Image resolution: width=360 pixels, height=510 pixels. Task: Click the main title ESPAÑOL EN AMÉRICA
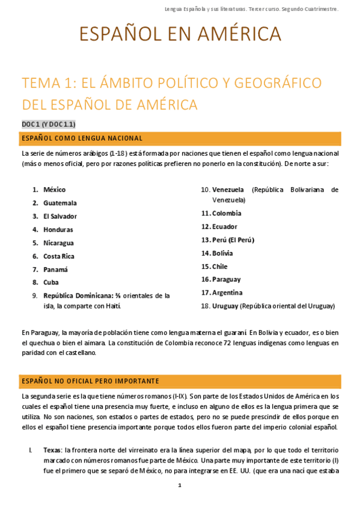coord(180,34)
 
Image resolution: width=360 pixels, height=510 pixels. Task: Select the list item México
coord(54,189)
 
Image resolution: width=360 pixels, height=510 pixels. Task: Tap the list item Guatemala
coord(59,203)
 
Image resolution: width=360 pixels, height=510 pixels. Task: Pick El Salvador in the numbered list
coord(59,216)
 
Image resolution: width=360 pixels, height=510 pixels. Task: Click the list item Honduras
coord(58,229)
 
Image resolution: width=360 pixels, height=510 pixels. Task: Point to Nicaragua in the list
coord(58,243)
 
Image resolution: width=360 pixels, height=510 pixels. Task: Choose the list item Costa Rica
coord(58,256)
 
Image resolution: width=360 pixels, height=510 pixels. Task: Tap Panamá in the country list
coord(55,269)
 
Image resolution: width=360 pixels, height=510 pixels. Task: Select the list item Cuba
coord(51,281)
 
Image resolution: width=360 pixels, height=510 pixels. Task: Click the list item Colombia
coord(227,213)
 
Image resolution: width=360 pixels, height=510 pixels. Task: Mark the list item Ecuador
coord(224,227)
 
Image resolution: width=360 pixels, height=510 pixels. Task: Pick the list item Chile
coord(220,266)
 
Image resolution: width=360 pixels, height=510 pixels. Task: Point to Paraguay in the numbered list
coord(226,279)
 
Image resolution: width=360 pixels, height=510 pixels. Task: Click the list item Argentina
coord(227,292)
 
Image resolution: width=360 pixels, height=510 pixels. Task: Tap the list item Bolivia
coord(222,253)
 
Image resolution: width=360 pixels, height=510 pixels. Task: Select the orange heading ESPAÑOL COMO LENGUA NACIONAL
coord(82,138)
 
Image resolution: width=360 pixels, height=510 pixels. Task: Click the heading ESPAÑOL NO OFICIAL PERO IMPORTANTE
coord(90,381)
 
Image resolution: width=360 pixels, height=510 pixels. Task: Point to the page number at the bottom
coord(180,485)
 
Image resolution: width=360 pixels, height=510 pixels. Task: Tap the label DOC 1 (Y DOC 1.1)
coord(49,124)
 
